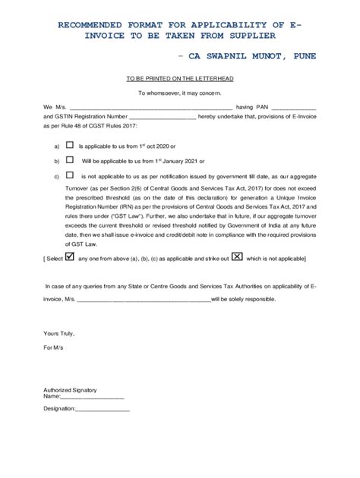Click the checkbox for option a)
click(x=70, y=144)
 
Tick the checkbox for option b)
click(x=70, y=160)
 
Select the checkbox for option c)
click(x=70, y=175)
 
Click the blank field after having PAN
click(x=293, y=107)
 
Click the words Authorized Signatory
click(x=70, y=389)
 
